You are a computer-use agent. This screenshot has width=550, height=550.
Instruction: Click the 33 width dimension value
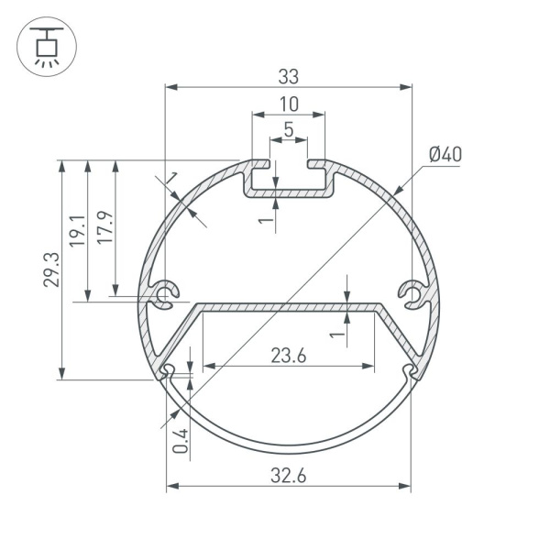(288, 77)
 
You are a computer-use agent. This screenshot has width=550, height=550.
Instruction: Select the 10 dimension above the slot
(288, 104)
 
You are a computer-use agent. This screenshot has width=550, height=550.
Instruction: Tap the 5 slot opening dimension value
(288, 130)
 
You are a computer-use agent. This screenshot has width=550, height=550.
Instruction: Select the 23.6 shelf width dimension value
(288, 356)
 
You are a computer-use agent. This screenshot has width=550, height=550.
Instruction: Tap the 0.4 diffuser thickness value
(181, 442)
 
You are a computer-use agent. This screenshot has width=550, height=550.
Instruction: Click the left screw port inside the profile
(165, 295)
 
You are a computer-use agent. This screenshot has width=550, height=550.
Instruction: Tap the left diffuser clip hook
(168, 371)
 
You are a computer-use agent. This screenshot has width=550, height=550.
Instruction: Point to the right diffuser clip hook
(409, 371)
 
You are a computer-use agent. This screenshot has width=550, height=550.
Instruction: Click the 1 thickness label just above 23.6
(337, 336)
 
